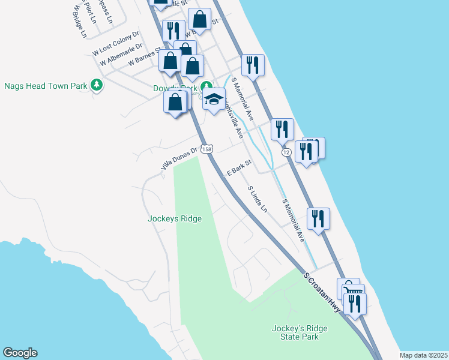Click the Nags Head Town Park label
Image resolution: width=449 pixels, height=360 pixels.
[x=46, y=86]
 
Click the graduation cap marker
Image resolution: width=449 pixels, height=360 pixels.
[x=214, y=100]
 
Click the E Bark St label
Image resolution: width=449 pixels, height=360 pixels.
[x=238, y=167]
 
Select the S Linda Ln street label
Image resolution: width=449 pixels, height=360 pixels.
[x=258, y=199]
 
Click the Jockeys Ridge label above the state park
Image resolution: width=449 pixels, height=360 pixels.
[x=175, y=219]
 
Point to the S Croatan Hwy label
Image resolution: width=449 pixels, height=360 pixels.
[x=322, y=292]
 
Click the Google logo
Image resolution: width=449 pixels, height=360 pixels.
[x=20, y=353]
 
